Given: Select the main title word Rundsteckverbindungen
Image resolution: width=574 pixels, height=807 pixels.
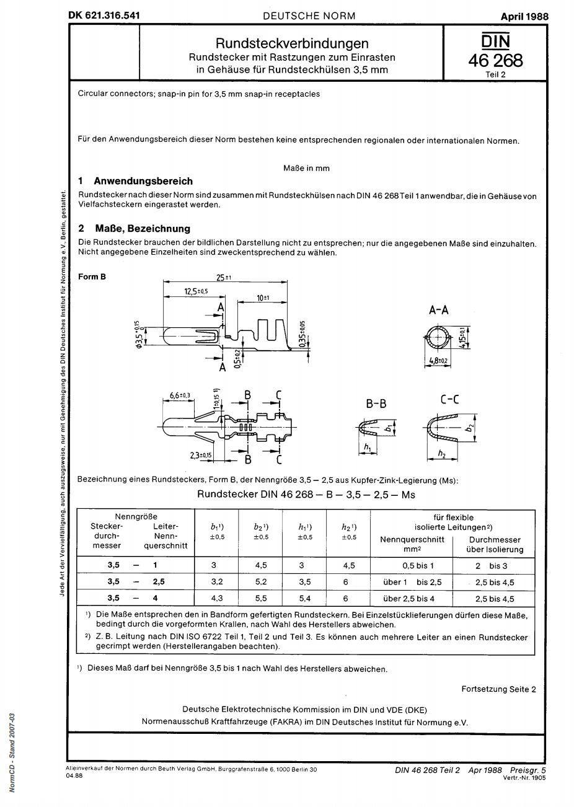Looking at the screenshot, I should [292, 43].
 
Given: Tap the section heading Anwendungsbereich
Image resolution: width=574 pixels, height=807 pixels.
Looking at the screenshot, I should [143, 181].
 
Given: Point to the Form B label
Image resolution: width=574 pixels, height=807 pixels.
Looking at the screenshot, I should [92, 277].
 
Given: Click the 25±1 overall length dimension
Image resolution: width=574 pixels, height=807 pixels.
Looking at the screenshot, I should [223, 278].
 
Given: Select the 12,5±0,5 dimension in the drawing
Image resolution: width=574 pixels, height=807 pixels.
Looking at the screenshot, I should [196, 291].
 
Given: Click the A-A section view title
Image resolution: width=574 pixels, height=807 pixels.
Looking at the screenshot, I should [439, 311].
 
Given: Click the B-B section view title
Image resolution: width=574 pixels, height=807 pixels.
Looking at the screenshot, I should [376, 403].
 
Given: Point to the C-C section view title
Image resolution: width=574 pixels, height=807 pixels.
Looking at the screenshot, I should [449, 400].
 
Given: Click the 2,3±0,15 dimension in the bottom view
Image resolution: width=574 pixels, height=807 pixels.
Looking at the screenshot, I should [201, 456].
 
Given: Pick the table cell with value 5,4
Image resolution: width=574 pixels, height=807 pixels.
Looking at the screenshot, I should [304, 599].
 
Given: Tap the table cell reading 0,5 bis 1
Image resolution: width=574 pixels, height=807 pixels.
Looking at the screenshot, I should [412, 566].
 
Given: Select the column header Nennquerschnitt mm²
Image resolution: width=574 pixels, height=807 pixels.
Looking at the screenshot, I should [412, 544].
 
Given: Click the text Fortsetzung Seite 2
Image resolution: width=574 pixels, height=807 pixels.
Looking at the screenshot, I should [498, 689].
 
